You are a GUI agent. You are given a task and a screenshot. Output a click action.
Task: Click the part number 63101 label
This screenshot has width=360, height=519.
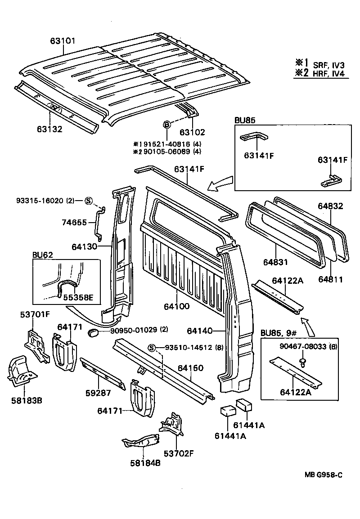click(62, 41)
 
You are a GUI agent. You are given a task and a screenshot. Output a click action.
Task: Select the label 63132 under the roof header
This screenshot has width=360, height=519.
click(49, 130)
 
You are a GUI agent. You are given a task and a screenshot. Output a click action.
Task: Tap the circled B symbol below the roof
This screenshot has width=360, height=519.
click(166, 125)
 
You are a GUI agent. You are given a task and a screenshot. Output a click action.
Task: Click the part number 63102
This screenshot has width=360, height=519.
click(192, 132)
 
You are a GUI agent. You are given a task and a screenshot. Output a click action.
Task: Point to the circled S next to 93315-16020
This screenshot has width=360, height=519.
click(88, 201)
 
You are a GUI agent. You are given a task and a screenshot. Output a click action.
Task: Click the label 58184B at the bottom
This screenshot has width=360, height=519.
click(145, 462)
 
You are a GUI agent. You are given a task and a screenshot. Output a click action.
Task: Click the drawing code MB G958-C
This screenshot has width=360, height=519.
click(323, 474)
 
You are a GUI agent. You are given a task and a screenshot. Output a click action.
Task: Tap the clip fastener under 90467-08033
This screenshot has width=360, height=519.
click(303, 361)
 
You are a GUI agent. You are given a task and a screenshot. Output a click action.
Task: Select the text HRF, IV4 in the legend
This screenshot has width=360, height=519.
click(330, 74)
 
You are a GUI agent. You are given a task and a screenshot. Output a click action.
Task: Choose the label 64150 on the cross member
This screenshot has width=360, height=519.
click(190, 368)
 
